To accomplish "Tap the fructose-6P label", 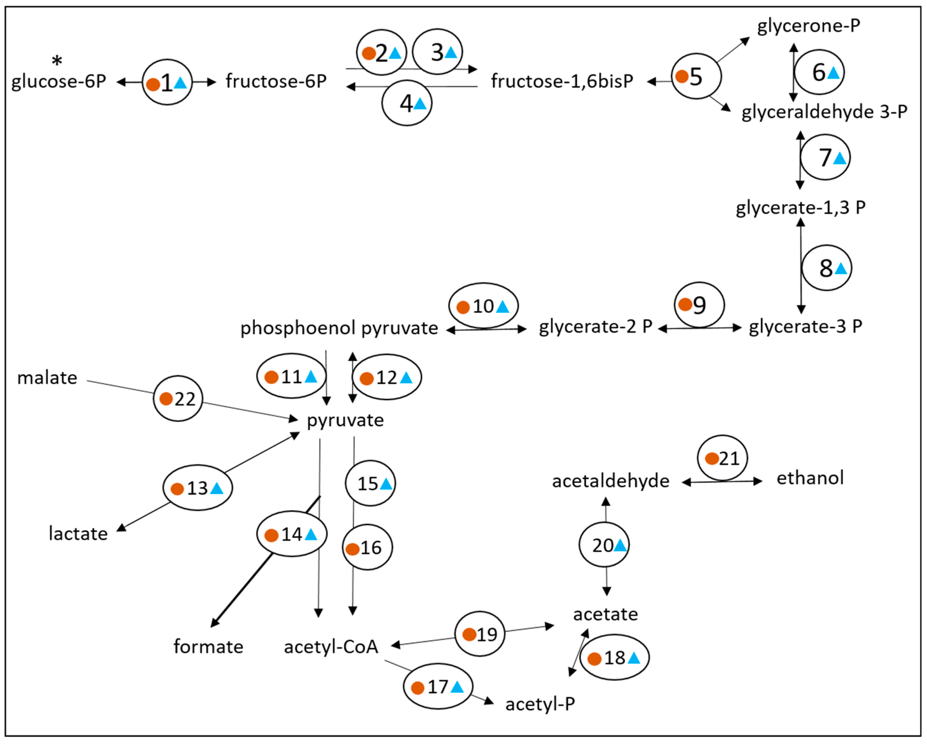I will [276, 81].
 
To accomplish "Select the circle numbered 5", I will [696, 77].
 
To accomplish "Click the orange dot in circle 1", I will [153, 84].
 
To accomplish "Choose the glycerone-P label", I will [808, 26].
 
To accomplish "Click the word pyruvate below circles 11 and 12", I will [345, 420].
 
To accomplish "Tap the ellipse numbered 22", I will [178, 398].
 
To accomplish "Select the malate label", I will [47, 378].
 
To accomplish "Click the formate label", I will [208, 647].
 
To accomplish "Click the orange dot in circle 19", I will [469, 634].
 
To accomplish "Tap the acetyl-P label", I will [540, 704].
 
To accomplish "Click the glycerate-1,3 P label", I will [800, 208].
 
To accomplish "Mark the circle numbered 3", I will [437, 52].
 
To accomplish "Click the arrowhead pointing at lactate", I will [122, 528].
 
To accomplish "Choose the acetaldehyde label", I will [611, 481].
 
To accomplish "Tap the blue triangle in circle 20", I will [620, 546].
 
